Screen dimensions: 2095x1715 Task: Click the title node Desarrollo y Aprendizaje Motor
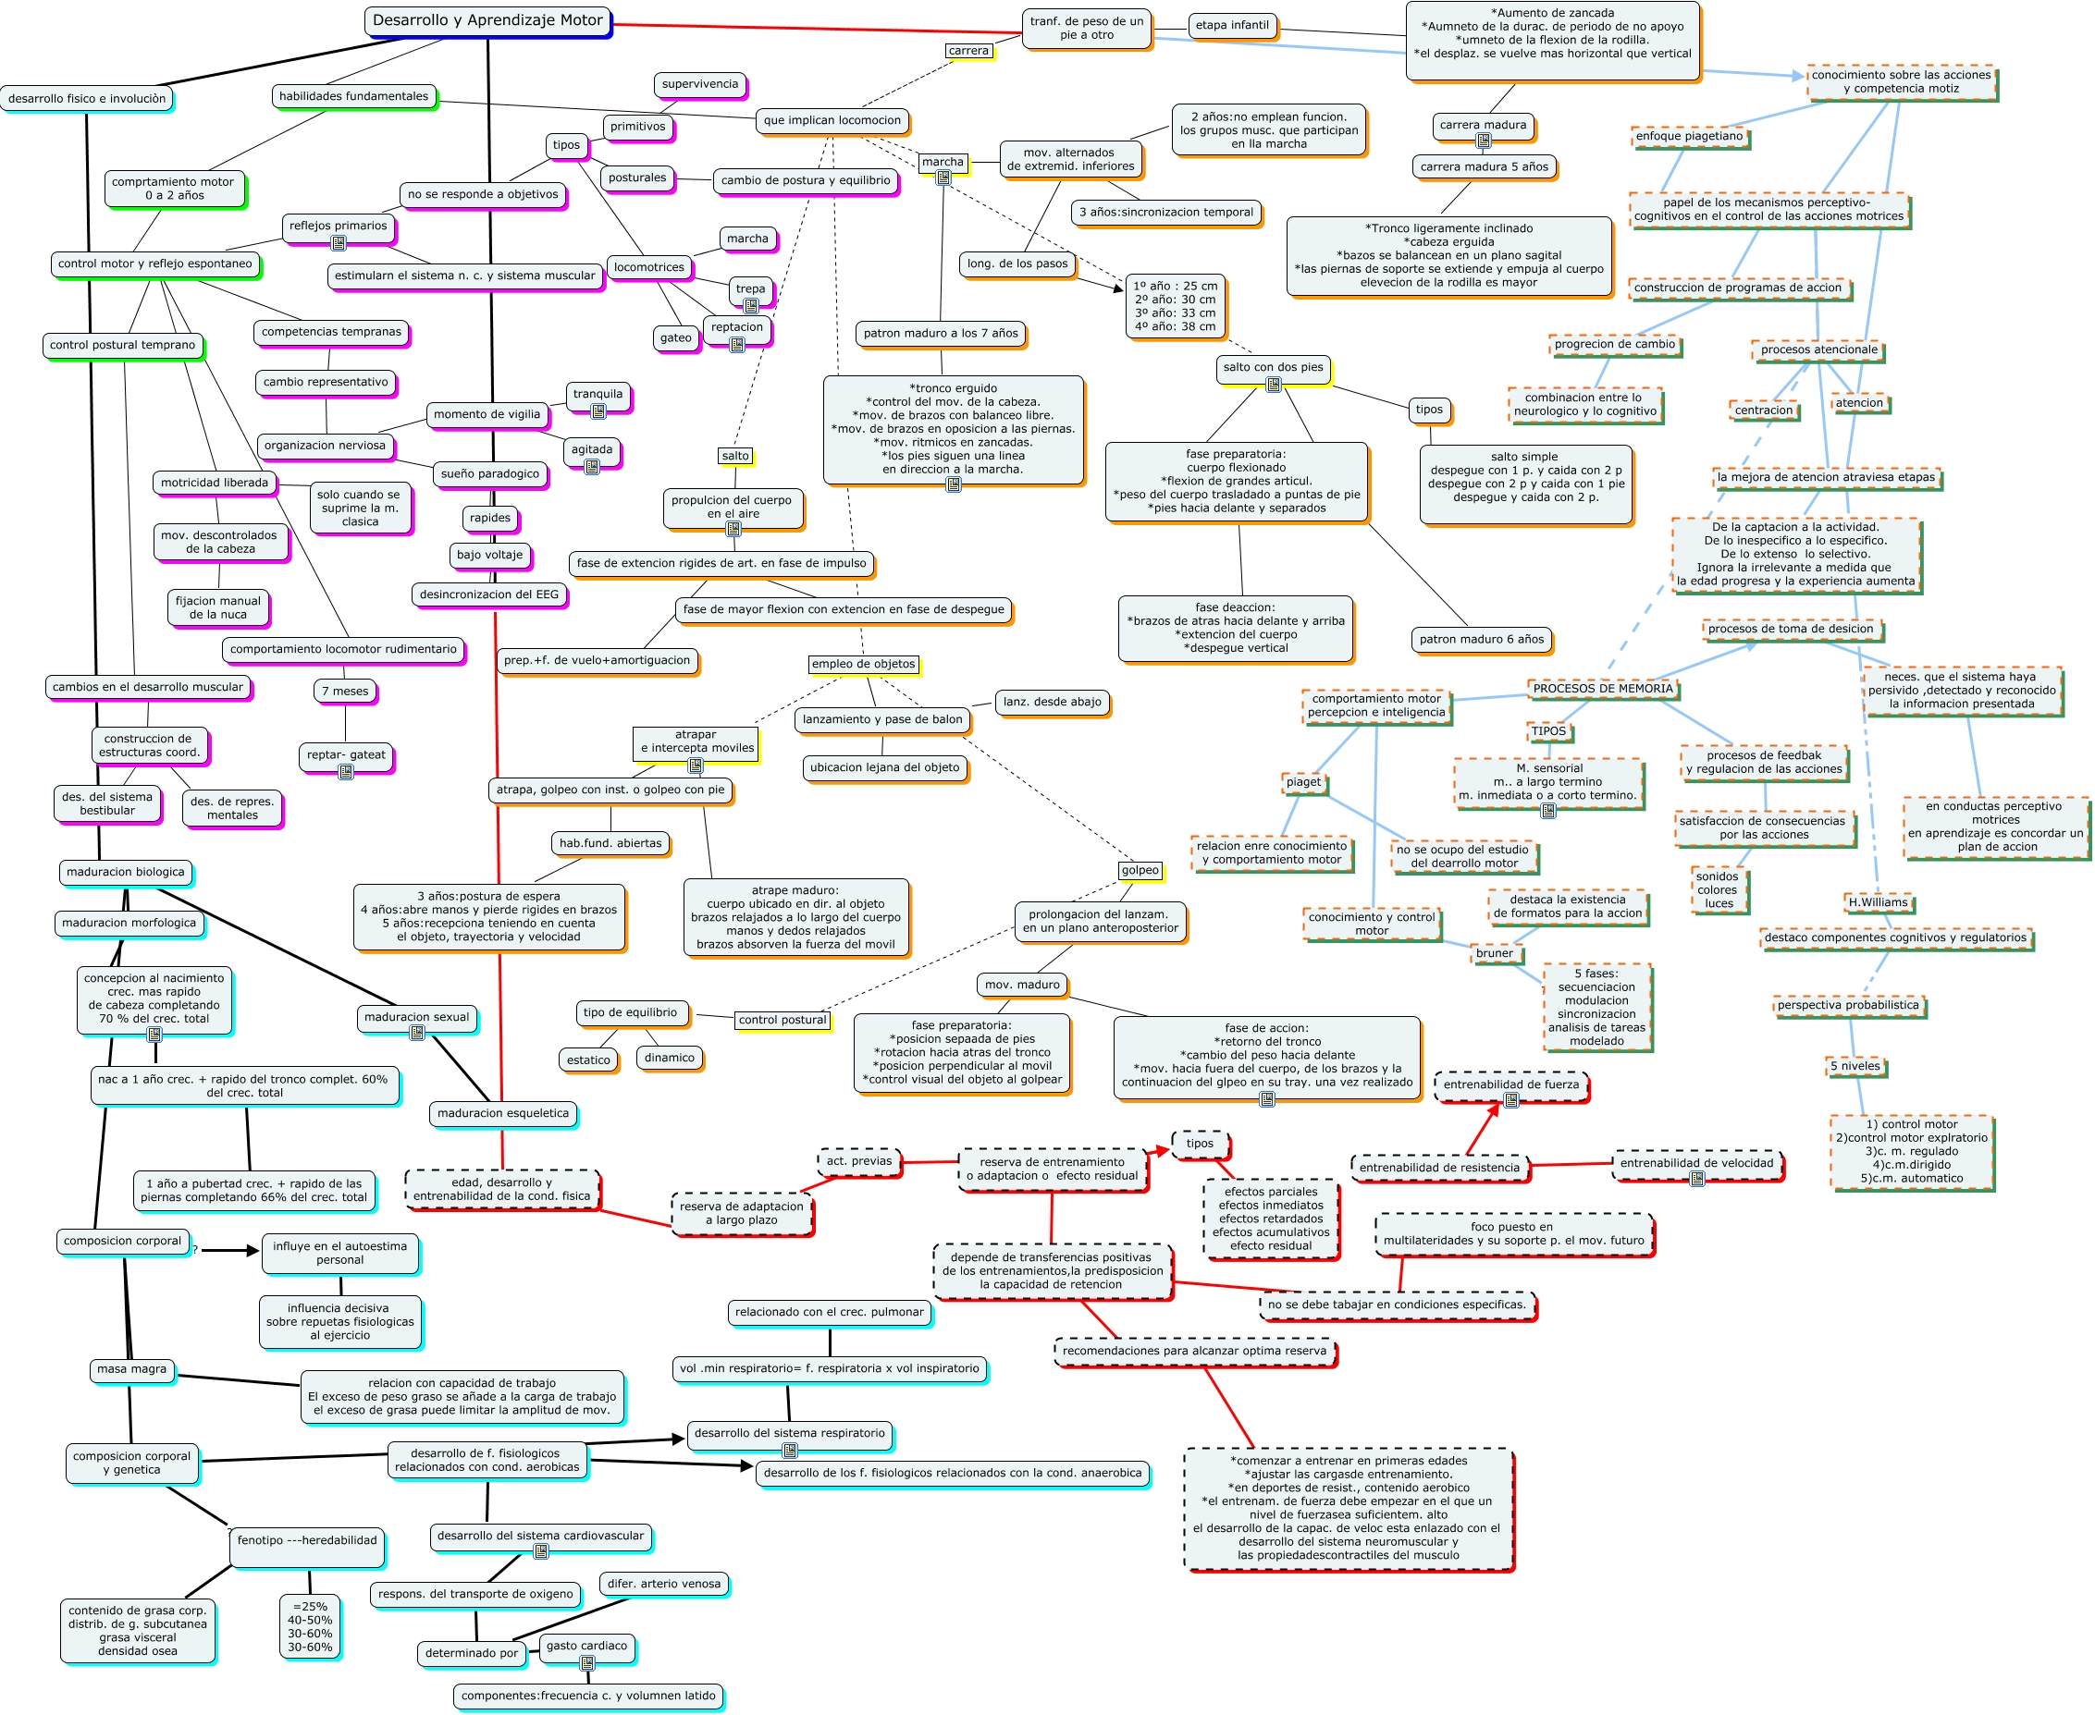coord(487,20)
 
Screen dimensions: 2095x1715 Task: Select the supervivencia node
coord(699,84)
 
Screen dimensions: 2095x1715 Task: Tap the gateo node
coord(676,337)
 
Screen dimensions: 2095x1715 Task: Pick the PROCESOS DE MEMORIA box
coord(1602,689)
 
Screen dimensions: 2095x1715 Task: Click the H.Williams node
coord(1878,902)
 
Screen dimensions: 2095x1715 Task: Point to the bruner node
coord(1494,953)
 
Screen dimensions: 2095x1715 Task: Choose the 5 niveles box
coord(1855,1066)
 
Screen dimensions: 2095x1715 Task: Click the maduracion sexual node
coord(417,1017)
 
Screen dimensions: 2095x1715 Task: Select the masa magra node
coord(131,1369)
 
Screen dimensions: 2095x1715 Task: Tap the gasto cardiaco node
coord(586,1646)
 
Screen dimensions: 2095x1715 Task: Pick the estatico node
coord(588,1060)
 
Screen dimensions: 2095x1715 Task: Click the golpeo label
coord(1140,870)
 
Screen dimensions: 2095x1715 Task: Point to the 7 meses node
coord(345,691)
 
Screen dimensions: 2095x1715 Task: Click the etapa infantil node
coord(1231,26)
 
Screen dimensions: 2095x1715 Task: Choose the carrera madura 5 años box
coord(1484,167)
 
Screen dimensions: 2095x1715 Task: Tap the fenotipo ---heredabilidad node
coord(306,1540)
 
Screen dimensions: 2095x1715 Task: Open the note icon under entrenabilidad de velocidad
coord(1696,1179)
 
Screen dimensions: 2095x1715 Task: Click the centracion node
coord(1763,410)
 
